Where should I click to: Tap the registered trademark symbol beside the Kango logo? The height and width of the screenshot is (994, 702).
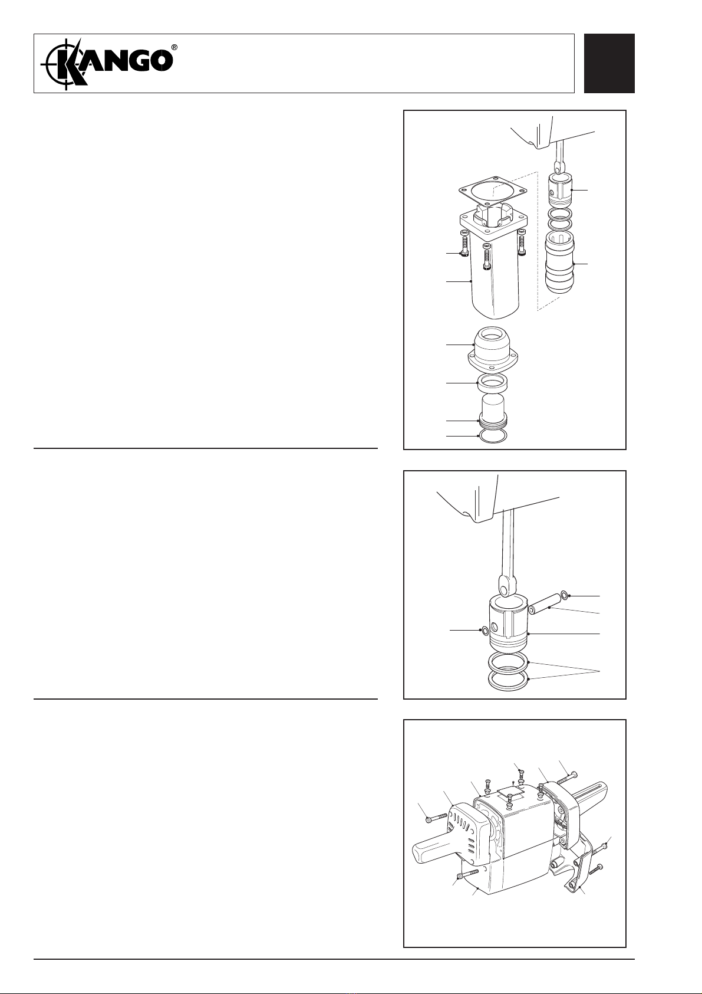[x=175, y=47]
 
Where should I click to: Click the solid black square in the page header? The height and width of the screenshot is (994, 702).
[x=609, y=64]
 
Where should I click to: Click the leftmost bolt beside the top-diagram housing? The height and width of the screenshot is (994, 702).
[x=464, y=245]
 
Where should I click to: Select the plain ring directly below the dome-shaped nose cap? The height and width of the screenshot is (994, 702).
[x=492, y=383]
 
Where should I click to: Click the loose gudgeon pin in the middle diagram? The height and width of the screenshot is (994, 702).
[x=541, y=605]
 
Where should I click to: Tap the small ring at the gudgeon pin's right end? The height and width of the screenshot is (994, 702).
[x=564, y=595]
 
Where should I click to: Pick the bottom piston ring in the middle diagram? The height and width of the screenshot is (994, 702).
[x=507, y=680]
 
